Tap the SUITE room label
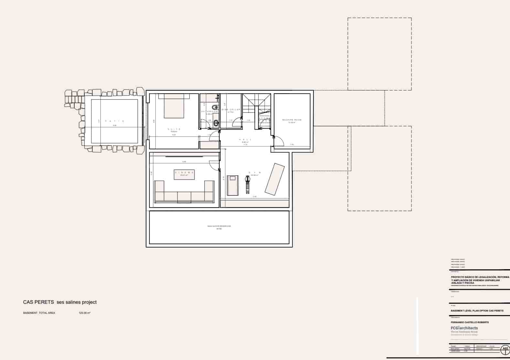[174, 129]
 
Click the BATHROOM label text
[209, 111]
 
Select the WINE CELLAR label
[231, 110]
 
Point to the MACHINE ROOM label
[292, 120]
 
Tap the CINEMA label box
[184, 174]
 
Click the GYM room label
[254, 173]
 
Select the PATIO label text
[114, 121]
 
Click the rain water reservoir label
[219, 226]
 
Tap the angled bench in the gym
[275, 179]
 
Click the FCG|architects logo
[464, 328]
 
